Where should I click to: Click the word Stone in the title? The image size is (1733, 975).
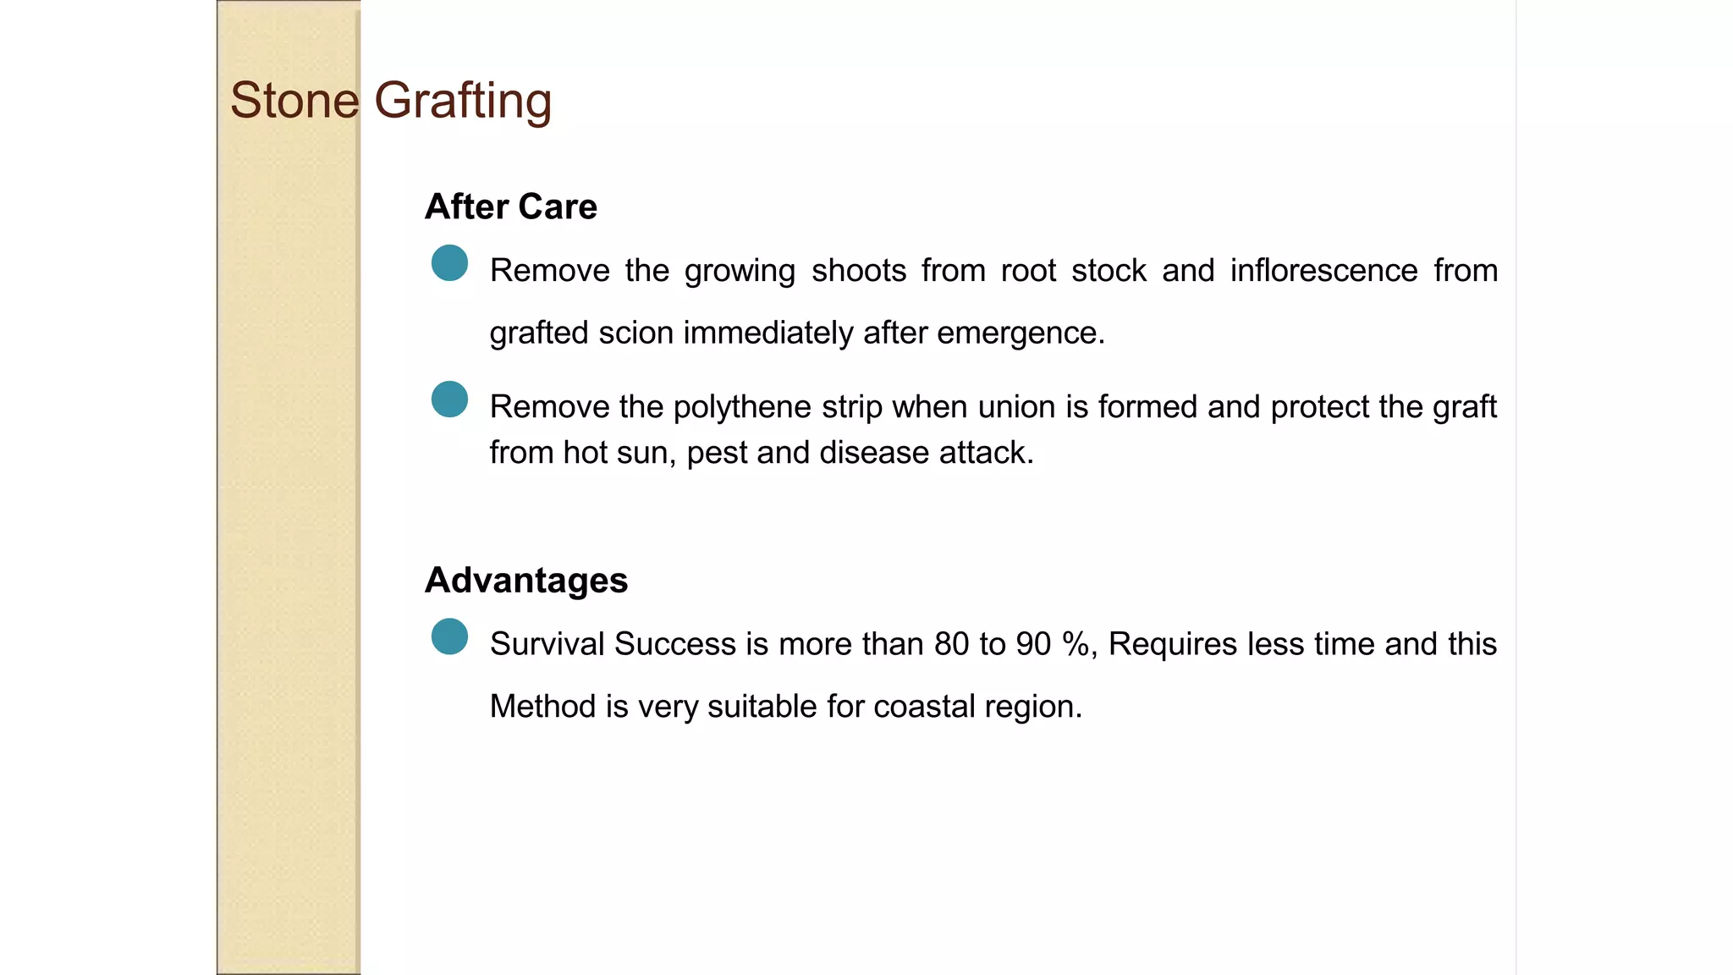[294, 101]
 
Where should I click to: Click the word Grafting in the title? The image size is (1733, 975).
[463, 101]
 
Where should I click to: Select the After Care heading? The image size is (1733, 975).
[510, 207]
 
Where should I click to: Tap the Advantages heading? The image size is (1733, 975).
[525, 581]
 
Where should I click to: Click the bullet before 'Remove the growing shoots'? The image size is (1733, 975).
[449, 263]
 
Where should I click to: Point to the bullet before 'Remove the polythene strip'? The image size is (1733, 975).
[449, 399]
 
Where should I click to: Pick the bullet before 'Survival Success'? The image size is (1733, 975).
[449, 636]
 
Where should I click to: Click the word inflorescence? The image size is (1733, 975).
[1323, 271]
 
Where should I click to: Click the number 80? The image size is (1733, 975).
[952, 644]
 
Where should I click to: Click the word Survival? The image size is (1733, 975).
[547, 644]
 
